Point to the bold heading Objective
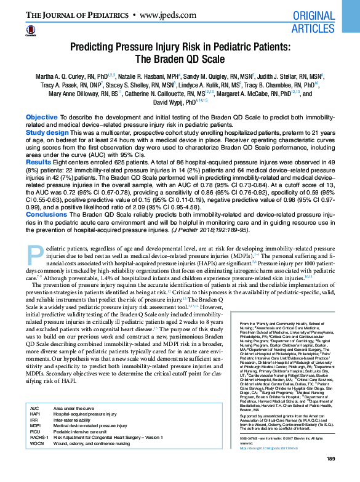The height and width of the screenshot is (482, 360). [42, 116]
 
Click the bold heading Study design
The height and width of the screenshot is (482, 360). [47, 132]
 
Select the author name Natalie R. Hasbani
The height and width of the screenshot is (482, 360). [138, 76]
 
